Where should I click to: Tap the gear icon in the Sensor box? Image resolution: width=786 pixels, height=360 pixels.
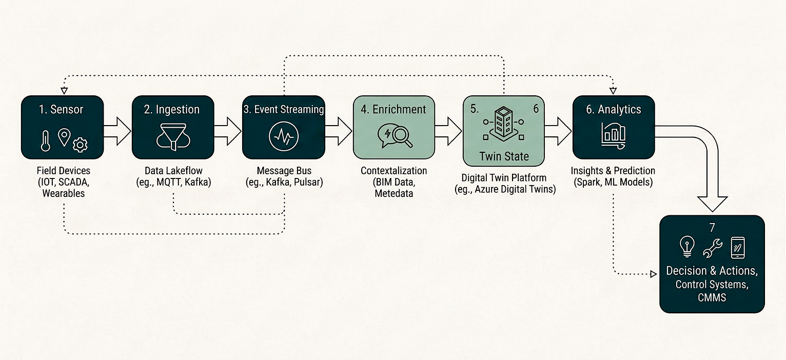80,145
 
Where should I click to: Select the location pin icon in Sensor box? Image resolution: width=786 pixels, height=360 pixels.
64,137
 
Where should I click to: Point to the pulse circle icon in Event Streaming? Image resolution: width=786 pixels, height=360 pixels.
283,137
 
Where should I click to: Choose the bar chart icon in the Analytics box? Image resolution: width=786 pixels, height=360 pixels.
614,134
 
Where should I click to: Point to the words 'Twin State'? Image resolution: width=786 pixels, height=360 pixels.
504,156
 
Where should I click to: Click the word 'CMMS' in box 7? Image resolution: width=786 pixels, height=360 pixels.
712,296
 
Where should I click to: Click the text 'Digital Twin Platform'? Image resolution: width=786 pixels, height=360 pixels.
503,178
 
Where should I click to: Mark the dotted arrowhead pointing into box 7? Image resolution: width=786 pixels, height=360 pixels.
653,274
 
